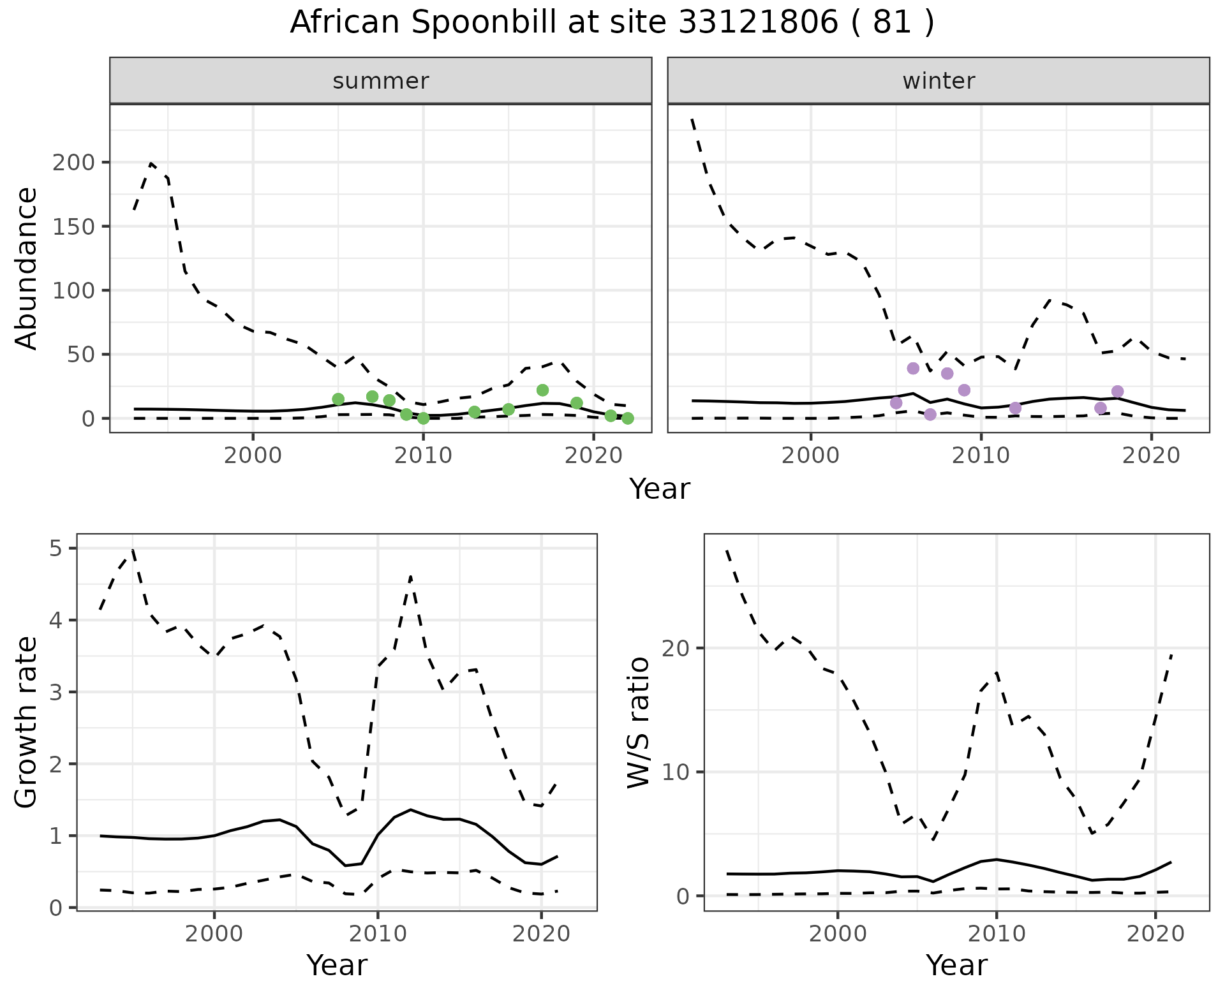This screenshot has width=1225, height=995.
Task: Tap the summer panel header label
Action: click(381, 81)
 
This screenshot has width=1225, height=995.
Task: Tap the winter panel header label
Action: click(939, 81)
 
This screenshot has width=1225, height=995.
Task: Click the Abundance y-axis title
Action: click(27, 269)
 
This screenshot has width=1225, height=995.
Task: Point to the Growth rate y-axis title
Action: click(27, 722)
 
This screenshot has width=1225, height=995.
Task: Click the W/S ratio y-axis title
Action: click(638, 722)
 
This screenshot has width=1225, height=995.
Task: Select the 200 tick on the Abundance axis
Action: click(73, 163)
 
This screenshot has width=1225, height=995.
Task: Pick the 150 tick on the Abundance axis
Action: click(73, 226)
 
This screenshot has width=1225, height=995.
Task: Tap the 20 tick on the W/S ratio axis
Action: click(683, 648)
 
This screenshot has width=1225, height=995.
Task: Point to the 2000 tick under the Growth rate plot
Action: click(214, 934)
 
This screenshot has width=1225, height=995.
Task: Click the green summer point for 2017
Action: click(543, 390)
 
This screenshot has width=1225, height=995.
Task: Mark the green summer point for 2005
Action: click(338, 399)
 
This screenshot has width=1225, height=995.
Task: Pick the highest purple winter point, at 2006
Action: click(913, 369)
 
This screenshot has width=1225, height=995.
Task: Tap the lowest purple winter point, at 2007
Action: click(930, 415)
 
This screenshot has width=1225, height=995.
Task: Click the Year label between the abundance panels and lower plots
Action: click(660, 489)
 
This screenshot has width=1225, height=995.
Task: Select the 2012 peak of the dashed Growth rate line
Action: click(411, 577)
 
